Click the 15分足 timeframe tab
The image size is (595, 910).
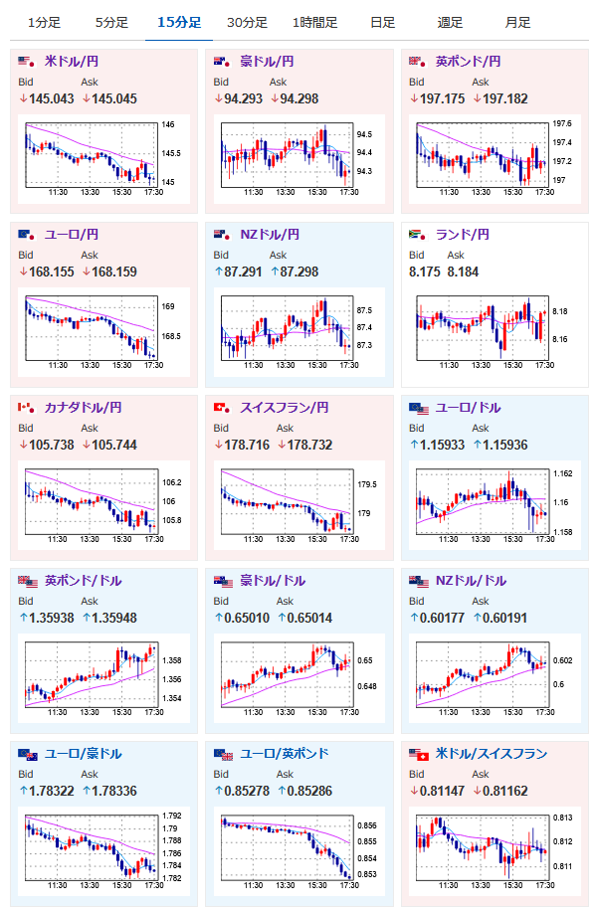coord(179,23)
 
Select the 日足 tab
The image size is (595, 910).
coord(382,23)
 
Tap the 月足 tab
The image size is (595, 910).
coord(517,23)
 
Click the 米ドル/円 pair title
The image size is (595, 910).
coord(72,61)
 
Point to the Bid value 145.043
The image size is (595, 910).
coord(52,98)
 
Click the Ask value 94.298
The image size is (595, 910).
coord(299,98)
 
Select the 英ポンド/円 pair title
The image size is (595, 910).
coord(468,61)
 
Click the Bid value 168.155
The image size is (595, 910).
coord(52,272)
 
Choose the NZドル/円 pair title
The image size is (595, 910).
coord(270,234)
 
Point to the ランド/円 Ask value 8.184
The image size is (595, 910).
coord(464,272)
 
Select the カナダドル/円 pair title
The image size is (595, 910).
coord(83,408)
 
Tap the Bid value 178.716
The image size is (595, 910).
coord(248,445)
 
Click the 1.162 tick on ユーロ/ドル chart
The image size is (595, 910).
coord(563,473)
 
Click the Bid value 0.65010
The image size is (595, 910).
coord(248,618)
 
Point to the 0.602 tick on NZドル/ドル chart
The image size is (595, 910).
coord(563,660)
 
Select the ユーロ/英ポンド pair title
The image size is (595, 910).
coord(285,753)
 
